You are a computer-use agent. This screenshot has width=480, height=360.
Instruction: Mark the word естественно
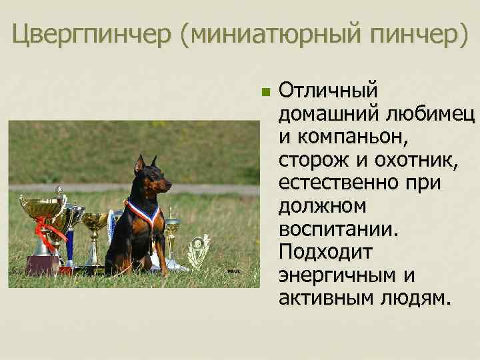coord(339,183)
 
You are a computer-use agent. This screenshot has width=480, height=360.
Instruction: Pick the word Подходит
coord(326,252)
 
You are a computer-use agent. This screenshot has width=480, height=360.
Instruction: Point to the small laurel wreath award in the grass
coord(198,251)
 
